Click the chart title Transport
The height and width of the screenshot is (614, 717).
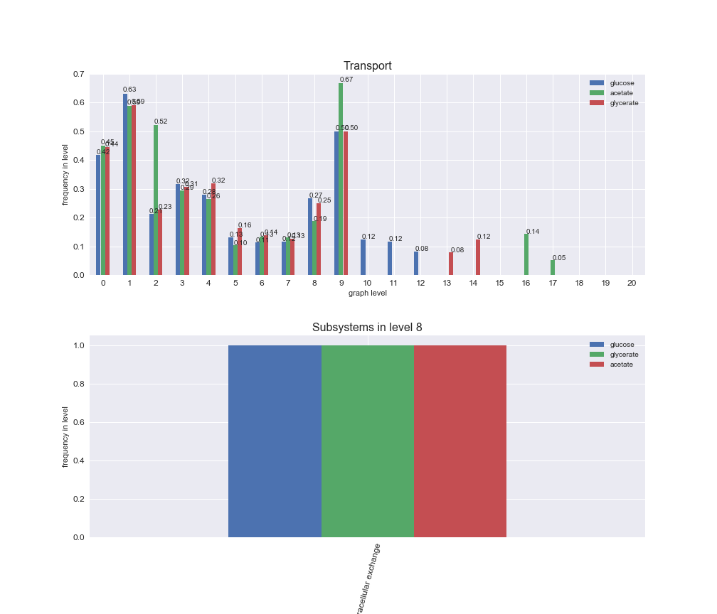367,66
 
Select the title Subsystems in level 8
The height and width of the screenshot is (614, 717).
367,328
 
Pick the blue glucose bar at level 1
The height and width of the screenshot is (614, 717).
125,185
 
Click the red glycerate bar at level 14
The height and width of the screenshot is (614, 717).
477,257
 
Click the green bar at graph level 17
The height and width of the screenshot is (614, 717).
552,267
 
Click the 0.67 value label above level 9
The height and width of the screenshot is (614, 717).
346,80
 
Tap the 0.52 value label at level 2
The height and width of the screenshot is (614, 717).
161,122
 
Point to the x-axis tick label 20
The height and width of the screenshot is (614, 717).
632,283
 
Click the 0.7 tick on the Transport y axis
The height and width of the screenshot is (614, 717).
78,75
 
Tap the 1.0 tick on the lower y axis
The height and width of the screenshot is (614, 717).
78,346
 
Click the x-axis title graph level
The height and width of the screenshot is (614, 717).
367,293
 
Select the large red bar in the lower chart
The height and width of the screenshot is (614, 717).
460,441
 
